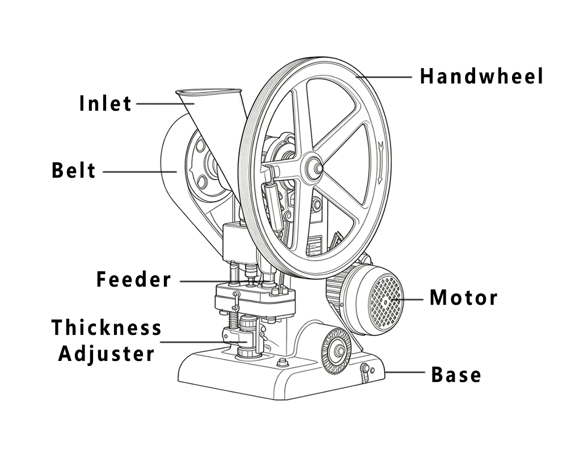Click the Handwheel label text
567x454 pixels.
pyautogui.click(x=481, y=76)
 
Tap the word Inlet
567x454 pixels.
pyautogui.click(x=105, y=104)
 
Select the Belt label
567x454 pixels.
pyautogui.click(x=74, y=171)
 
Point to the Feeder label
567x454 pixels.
pyautogui.click(x=133, y=280)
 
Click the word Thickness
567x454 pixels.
pyautogui.click(x=107, y=328)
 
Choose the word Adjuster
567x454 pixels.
pyautogui.click(x=107, y=354)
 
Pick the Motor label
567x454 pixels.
pyautogui.click(x=463, y=297)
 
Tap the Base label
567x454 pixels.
pyautogui.click(x=456, y=375)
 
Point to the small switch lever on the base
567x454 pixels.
pyautogui.click(x=366, y=372)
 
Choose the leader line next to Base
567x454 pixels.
pyautogui.click(x=405, y=373)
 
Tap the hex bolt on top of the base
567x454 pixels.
pyautogui.click(x=281, y=363)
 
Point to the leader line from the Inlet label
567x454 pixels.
pyautogui.click(x=164, y=104)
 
